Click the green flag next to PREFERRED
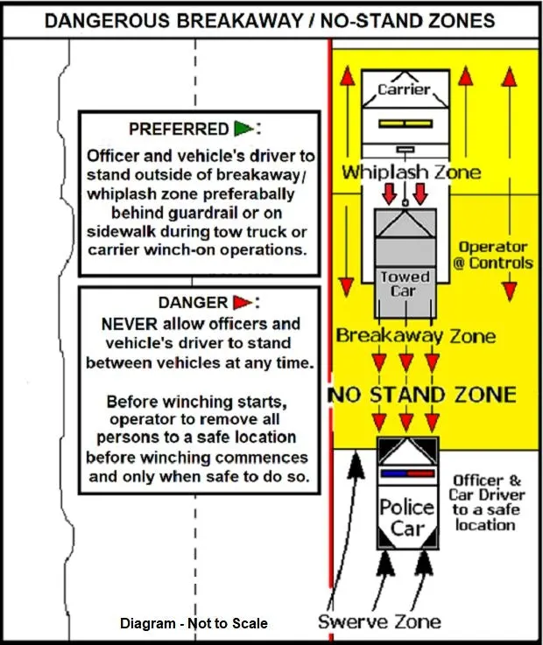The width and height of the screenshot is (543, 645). click(243, 129)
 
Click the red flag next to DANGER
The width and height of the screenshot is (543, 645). click(243, 303)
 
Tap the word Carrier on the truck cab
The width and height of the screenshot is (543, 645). click(404, 89)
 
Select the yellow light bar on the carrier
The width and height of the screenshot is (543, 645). click(405, 123)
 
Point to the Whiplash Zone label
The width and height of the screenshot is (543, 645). click(412, 172)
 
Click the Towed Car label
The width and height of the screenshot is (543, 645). click(405, 284)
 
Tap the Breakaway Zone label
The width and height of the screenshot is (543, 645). click(416, 336)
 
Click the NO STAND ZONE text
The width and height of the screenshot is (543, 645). click(422, 395)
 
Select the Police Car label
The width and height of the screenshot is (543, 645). click(406, 517)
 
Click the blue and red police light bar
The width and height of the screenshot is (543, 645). click(407, 473)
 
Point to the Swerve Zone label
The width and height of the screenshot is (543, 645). click(379, 621)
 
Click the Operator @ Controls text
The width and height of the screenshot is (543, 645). click(493, 255)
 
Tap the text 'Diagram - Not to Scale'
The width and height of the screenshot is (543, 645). click(194, 623)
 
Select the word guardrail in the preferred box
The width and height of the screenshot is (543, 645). click(197, 213)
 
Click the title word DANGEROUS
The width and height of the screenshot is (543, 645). click(107, 21)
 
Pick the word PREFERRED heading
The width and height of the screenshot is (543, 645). click(179, 130)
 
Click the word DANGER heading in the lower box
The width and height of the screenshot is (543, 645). click(193, 303)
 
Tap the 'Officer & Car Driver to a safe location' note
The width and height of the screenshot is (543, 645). click(486, 503)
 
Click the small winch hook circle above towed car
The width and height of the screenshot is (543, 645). click(405, 203)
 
